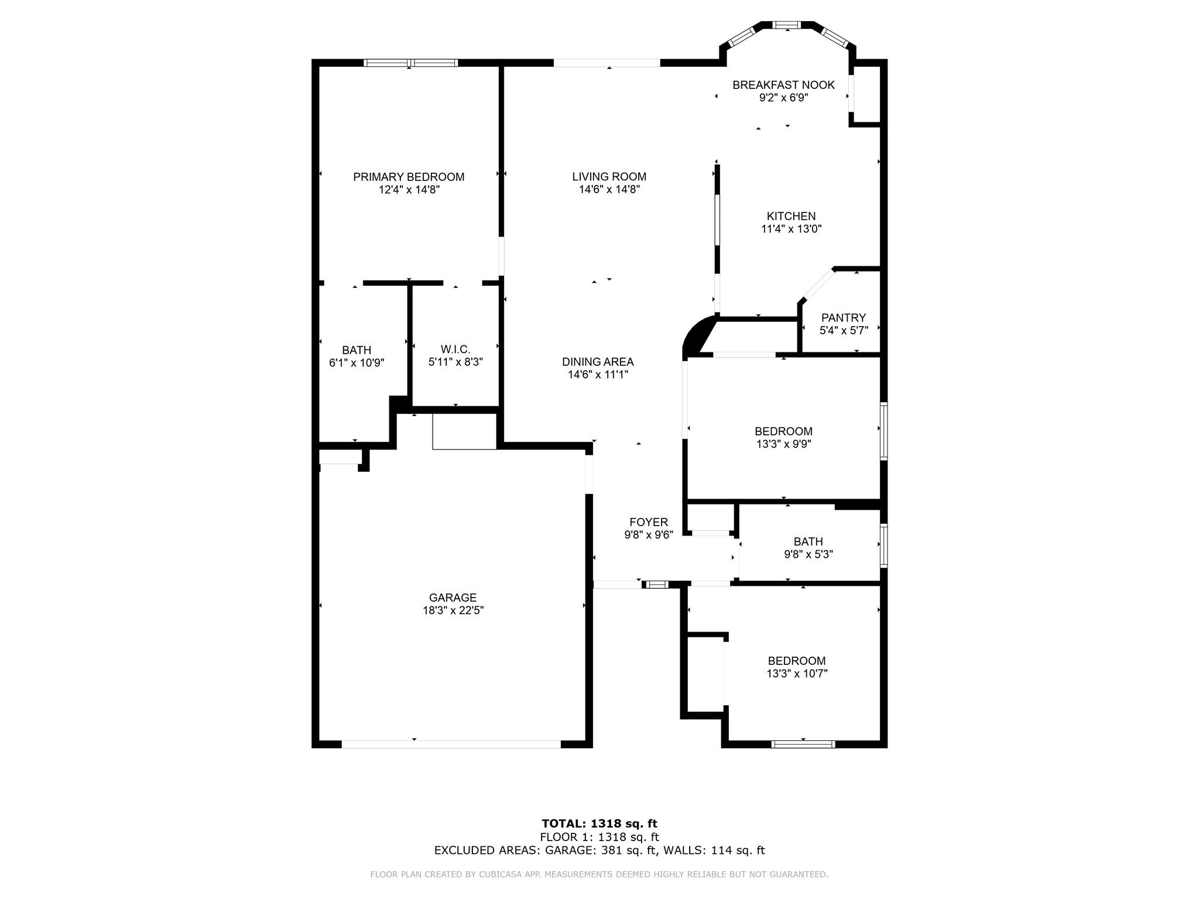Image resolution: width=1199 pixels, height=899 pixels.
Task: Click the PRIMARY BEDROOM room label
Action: [x=409, y=177]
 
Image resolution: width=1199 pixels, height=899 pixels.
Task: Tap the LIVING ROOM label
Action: [x=609, y=177]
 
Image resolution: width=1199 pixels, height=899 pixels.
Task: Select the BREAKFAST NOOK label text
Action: [x=783, y=85]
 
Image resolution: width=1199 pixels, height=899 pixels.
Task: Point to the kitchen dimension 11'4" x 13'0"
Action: [x=792, y=229]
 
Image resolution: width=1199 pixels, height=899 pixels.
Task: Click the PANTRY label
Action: [x=843, y=318]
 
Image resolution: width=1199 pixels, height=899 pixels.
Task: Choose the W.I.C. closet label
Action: [x=455, y=350]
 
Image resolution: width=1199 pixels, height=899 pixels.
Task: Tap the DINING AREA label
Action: [x=598, y=362]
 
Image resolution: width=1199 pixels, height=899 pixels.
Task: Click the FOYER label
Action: [x=649, y=522]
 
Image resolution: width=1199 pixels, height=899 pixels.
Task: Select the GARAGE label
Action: [x=453, y=598]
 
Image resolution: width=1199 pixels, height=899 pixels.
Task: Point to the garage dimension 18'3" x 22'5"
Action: [x=453, y=610]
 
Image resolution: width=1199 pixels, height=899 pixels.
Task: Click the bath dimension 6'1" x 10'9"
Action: [x=357, y=363]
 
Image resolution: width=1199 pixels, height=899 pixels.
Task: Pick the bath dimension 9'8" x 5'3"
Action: [x=809, y=554]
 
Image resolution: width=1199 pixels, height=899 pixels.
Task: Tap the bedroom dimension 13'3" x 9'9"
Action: [x=783, y=444]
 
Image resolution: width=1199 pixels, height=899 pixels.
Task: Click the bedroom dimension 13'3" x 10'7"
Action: [x=797, y=674]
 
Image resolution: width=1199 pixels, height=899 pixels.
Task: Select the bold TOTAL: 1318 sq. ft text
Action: [x=599, y=824]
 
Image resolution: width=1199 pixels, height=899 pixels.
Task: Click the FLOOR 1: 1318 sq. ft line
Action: [x=599, y=838]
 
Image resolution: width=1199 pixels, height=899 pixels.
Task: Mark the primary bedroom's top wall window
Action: [x=410, y=63]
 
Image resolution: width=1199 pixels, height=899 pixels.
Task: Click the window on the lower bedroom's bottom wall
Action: [x=803, y=744]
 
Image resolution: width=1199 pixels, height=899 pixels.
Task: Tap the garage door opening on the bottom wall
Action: [x=451, y=744]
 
